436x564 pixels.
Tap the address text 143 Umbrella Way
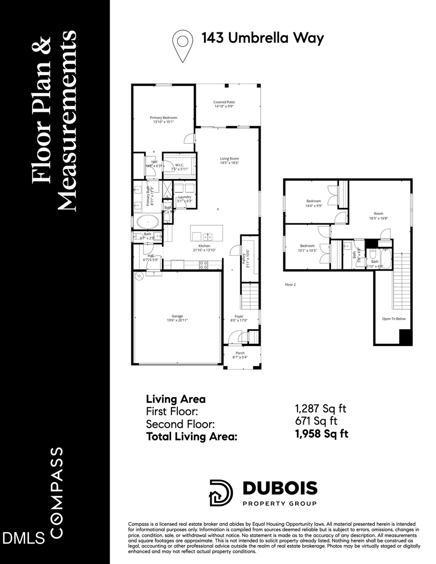(x=262, y=38)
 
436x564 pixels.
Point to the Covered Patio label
(x=224, y=104)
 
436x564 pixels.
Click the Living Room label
(x=229, y=161)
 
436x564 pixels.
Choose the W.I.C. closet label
(x=179, y=167)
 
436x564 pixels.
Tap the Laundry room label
(x=185, y=198)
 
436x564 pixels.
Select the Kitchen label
(x=204, y=247)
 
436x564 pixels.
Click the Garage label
(x=177, y=318)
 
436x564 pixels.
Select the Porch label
(x=240, y=355)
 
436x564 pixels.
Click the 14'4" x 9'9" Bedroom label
(x=313, y=203)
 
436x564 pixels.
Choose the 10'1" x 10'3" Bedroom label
(x=307, y=248)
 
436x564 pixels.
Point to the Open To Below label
(x=393, y=319)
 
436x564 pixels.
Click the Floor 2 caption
(x=290, y=285)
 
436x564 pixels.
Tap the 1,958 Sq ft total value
(x=322, y=434)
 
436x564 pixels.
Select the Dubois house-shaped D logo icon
(x=221, y=493)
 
